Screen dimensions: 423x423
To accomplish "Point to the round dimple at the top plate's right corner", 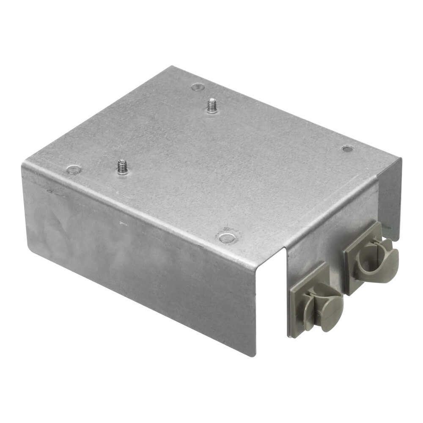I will [x=347, y=148].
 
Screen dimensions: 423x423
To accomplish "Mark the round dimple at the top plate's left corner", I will [x=74, y=170].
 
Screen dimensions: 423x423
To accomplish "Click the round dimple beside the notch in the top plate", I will [x=227, y=237].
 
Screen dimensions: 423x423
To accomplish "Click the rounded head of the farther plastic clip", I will [x=386, y=259].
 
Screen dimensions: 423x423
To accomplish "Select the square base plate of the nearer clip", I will [x=301, y=296].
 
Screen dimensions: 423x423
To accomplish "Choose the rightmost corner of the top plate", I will [x=400, y=158].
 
